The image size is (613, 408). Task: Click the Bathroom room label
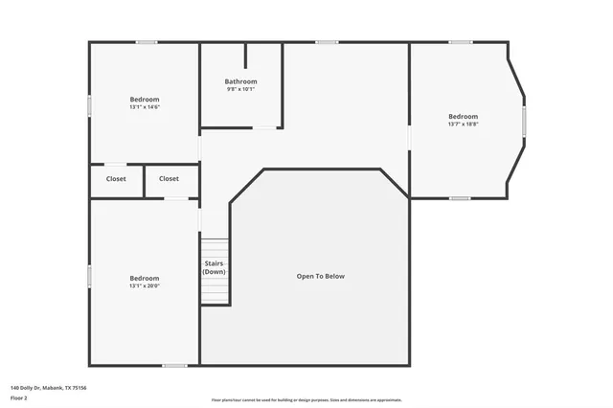(x=241, y=81)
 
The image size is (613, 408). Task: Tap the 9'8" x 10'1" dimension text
(x=241, y=89)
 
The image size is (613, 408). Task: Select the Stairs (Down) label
(x=215, y=267)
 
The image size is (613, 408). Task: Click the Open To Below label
(x=320, y=276)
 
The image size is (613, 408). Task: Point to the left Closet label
(x=116, y=178)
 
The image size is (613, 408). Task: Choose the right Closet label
(x=169, y=178)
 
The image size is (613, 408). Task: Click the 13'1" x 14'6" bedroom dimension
(x=145, y=106)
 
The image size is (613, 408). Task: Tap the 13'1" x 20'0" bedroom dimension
(x=145, y=285)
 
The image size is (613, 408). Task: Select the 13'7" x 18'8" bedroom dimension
(x=463, y=124)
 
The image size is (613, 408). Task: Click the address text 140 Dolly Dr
(x=48, y=387)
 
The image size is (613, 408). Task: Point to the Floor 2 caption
(x=19, y=397)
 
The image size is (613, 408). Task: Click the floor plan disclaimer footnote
(x=306, y=400)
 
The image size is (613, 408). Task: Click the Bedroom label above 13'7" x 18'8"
(x=463, y=116)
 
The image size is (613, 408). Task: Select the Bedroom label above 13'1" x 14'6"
(x=145, y=99)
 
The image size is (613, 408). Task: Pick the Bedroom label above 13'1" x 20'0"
(x=145, y=278)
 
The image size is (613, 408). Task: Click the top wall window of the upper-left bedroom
(x=146, y=42)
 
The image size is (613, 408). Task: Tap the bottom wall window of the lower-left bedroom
(x=174, y=365)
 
